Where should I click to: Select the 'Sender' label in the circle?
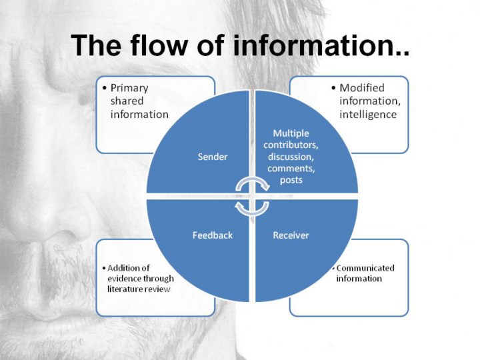coord(213,157)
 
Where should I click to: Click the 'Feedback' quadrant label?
coord(213,235)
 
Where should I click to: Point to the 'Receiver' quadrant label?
coord(291,235)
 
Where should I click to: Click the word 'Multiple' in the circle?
coord(291,133)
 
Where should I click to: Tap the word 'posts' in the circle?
coord(291,180)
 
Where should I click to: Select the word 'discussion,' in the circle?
coord(291,157)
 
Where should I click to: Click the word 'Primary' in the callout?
coord(129,87)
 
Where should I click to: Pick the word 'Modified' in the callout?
coord(362,87)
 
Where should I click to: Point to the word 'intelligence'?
coord(368,114)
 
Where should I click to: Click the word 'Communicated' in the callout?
coord(365,268)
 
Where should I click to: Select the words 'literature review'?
coord(139,289)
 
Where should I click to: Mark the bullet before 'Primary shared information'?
coord(105,88)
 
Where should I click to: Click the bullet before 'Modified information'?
coord(334,88)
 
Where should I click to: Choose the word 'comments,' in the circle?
coord(291,169)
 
